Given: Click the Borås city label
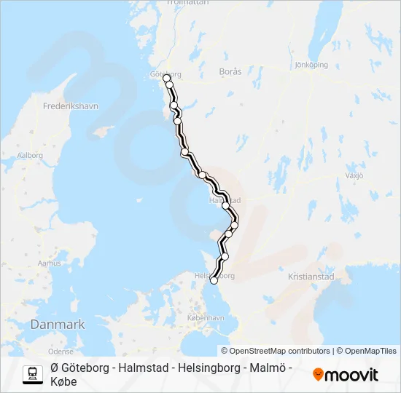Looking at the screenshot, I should coord(230,72).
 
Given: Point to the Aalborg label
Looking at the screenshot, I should coord(31,155).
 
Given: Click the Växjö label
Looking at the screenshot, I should coord(354,175).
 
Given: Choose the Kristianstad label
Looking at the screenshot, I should coord(311,277).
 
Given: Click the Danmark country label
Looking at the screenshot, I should coord(58,325).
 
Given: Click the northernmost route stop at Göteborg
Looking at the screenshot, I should coord(166,77).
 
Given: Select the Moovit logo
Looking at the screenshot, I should coord(346,375).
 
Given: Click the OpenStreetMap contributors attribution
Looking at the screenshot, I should coord(276,351).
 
